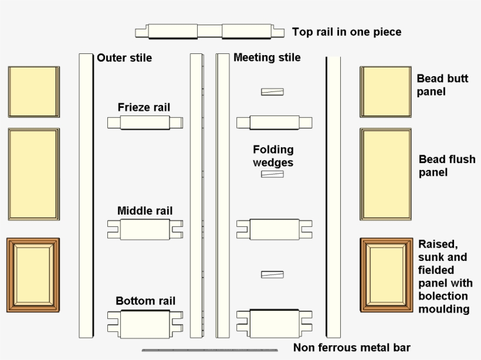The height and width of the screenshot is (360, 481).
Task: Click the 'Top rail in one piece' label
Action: coord(347,32)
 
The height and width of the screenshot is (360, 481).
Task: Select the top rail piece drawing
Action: coord(205,31)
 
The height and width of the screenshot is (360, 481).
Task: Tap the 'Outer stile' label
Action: coord(124,57)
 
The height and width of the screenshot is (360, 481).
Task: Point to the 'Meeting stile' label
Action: coord(267,57)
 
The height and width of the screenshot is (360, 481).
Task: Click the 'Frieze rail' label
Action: coord(144,107)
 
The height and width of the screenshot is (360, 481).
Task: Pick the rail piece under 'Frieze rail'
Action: coord(145,123)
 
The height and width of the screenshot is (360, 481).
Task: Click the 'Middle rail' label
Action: coord(145,210)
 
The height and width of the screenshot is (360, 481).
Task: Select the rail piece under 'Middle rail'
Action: coord(145,229)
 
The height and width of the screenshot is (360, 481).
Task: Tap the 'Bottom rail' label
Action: coord(145,301)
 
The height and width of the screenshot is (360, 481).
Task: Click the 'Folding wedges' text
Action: coord(273,156)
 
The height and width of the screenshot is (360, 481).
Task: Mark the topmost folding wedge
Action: coord(272,91)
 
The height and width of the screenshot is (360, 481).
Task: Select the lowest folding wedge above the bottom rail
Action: coord(272,274)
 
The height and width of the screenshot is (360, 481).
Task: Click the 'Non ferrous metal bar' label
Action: coord(352,348)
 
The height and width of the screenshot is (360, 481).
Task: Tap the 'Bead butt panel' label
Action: coord(442,84)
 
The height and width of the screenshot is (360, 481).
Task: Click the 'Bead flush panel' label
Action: coord(447,165)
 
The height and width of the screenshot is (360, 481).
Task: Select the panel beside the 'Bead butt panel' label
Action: coord(385,91)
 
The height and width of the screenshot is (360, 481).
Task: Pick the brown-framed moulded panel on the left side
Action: coord(33,275)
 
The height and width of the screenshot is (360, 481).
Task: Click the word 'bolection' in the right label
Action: coord(443,296)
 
